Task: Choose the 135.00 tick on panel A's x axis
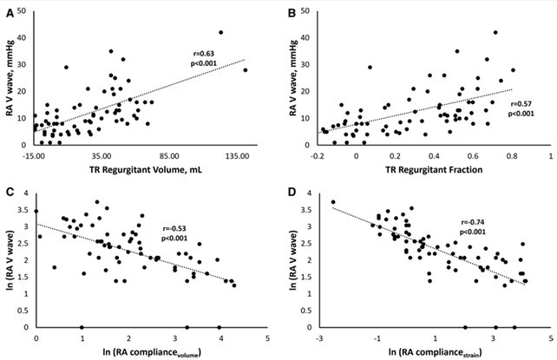point(237,155)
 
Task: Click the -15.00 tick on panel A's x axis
point(35,155)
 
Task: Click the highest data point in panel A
point(221,33)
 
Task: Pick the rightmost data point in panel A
point(246,70)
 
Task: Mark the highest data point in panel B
point(495,33)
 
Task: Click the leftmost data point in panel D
point(332,202)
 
